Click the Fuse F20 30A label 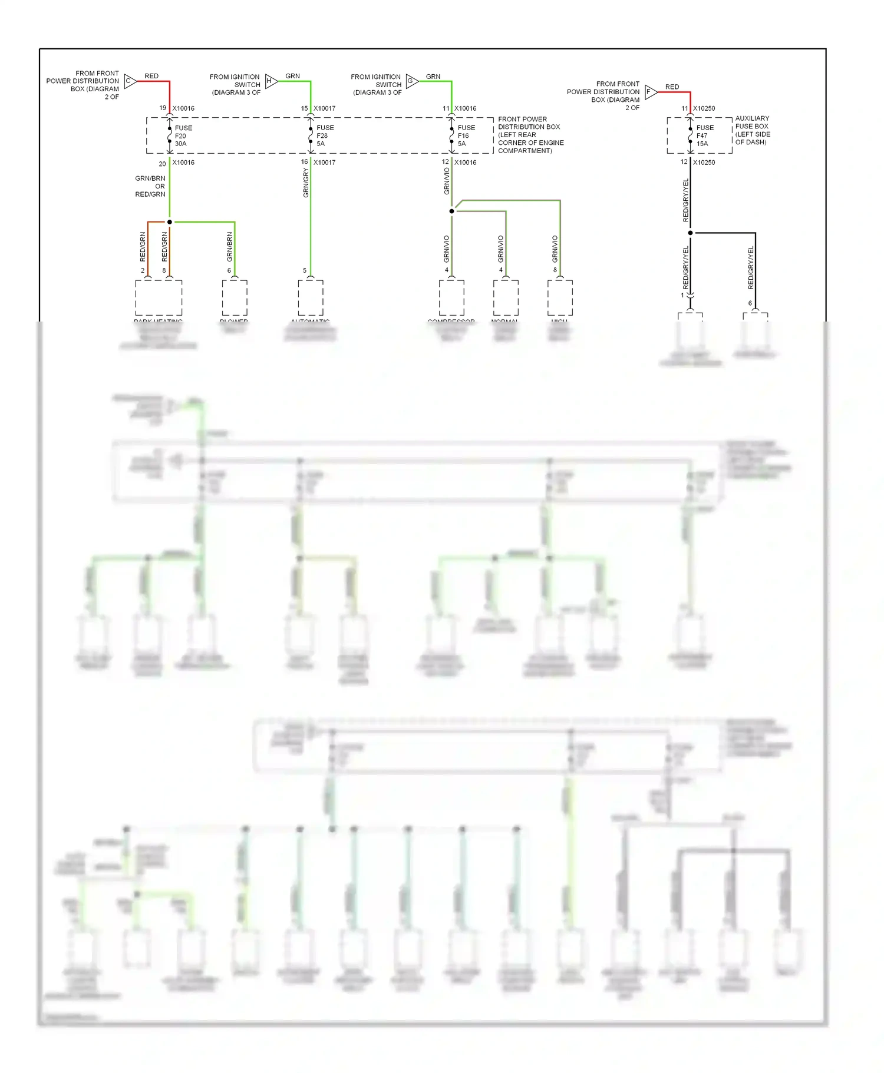[x=183, y=135]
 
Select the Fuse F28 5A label [x=324, y=135]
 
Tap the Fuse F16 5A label [x=466, y=135]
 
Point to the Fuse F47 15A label [x=704, y=135]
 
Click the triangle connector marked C [x=130, y=81]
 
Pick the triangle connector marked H [x=271, y=81]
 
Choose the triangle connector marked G [x=411, y=81]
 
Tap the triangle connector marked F [x=650, y=91]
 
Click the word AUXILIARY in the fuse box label [x=752, y=118]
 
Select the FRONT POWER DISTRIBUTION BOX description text [x=530, y=135]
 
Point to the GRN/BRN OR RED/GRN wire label [x=150, y=186]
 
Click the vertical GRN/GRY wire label [x=306, y=183]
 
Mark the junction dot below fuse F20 [x=170, y=222]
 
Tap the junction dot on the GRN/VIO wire [x=452, y=211]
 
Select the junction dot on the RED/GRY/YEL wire [x=690, y=233]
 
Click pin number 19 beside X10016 [x=163, y=108]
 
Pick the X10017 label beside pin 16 [x=324, y=163]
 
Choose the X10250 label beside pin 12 [x=704, y=163]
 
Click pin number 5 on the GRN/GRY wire [x=305, y=270]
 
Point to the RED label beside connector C [x=151, y=76]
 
